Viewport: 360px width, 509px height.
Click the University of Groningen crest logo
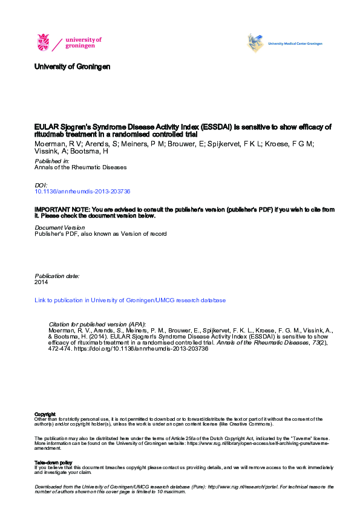coord(44,42)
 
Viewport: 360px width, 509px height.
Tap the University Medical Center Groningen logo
coord(285,43)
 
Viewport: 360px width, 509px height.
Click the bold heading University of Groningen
coord(73,66)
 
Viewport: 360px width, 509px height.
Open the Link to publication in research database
coord(130,300)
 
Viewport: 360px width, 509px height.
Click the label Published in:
coord(52,161)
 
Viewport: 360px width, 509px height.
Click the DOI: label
coord(41,184)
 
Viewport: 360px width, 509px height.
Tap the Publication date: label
coord(57,276)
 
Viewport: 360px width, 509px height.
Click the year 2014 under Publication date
coord(41,282)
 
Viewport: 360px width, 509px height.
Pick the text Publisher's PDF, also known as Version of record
coord(100,233)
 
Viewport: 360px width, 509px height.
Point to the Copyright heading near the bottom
coord(45,414)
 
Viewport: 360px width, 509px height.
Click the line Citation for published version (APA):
coord(97,325)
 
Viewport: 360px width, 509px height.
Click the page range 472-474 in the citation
coord(62,350)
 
